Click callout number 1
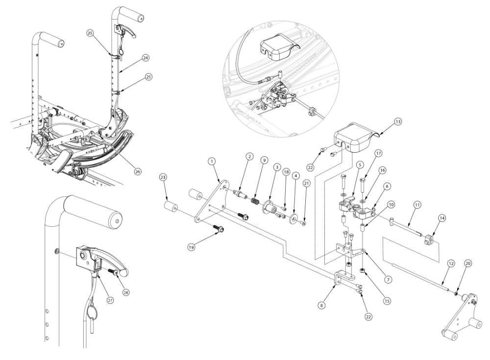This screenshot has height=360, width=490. (211, 161)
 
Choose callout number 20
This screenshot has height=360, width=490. (468, 263)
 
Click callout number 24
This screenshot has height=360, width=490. (146, 57)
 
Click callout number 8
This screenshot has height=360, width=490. (321, 305)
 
